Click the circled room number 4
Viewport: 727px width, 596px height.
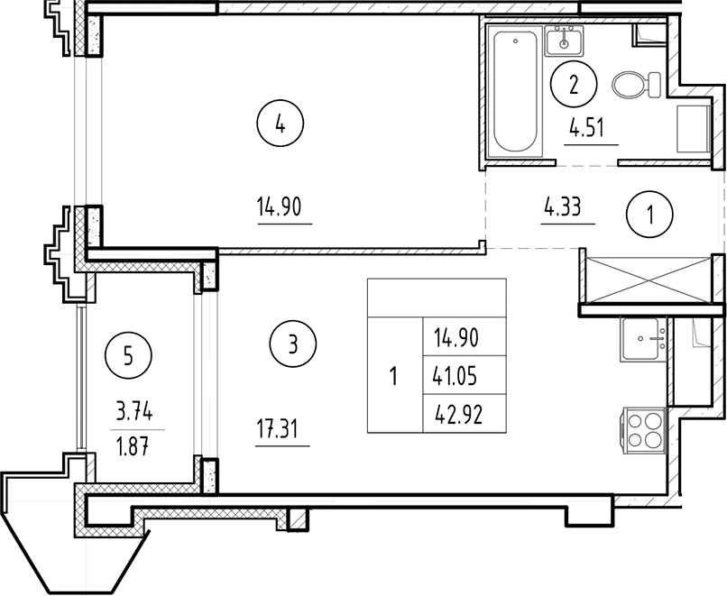pyautogui.click(x=281, y=126)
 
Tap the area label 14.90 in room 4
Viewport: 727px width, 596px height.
pyautogui.click(x=284, y=208)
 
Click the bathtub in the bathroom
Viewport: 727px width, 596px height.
pyautogui.click(x=515, y=92)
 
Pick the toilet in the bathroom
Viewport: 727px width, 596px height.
pyautogui.click(x=629, y=86)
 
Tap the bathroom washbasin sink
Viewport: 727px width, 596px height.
pyautogui.click(x=566, y=41)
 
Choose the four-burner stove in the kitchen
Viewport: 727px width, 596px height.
pyautogui.click(x=642, y=428)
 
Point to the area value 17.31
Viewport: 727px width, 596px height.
pyautogui.click(x=282, y=432)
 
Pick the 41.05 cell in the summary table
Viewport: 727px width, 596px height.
pyautogui.click(x=456, y=376)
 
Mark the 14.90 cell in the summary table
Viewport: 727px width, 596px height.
pyautogui.click(x=456, y=339)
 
